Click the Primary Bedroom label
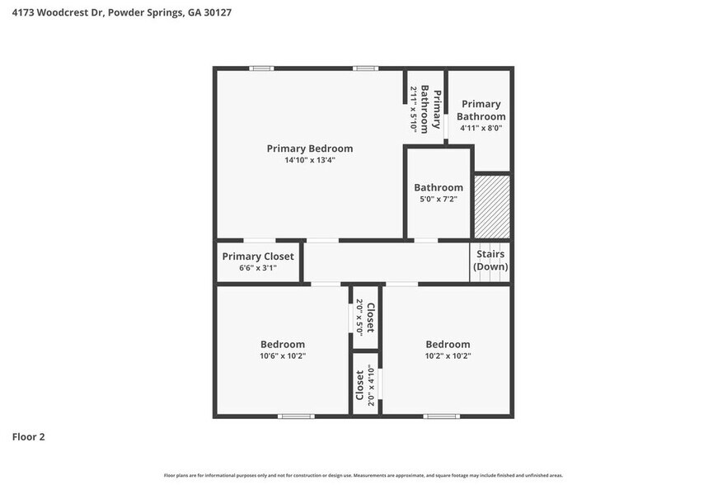tap(309, 148)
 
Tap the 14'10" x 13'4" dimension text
tap(309, 160)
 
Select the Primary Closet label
tap(257, 257)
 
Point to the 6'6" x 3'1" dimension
tap(257, 268)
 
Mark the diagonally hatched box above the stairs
tap(492, 206)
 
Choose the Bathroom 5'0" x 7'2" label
tap(438, 188)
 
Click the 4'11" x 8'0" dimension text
tap(481, 128)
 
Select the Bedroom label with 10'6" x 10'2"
tap(282, 344)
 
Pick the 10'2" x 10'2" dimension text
tap(448, 356)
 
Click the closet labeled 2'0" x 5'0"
tap(365, 318)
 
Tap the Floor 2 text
tap(28, 436)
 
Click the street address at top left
tap(115, 13)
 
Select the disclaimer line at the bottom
tap(363, 475)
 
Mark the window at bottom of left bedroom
tap(295, 416)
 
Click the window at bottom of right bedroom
tap(441, 416)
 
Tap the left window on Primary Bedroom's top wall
tap(261, 68)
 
